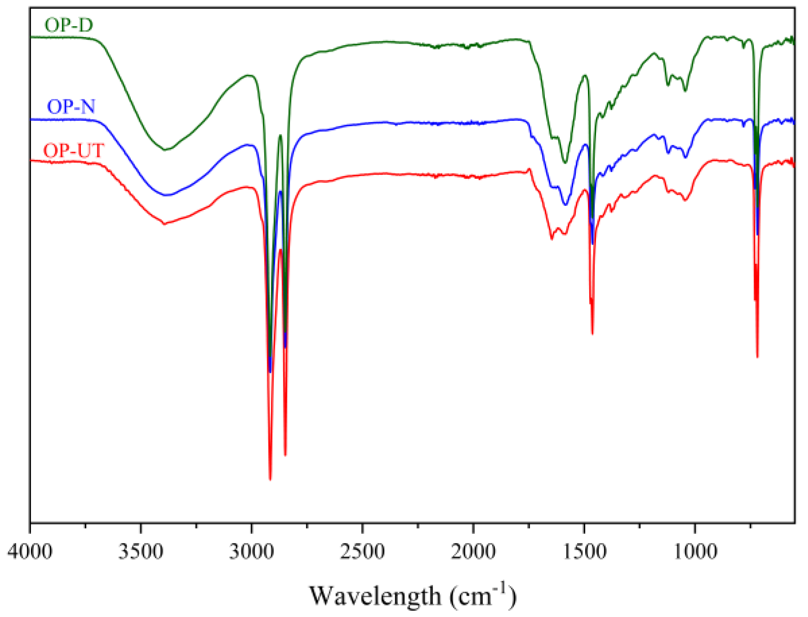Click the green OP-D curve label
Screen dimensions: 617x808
69,25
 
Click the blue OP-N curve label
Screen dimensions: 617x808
71,107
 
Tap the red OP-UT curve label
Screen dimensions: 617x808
74,150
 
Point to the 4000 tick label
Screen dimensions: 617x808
30,551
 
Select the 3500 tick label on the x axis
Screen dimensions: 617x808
141,551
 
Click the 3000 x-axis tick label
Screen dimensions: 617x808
252,551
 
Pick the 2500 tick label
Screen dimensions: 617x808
362,551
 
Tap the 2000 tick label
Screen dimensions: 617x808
473,551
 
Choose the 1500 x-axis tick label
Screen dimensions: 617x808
584,551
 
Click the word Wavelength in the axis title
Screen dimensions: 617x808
375,596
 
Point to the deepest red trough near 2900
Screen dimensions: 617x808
270,479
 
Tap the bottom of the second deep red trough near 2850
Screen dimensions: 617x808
285,455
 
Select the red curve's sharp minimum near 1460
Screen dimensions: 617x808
592,333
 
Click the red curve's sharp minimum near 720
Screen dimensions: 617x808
757,357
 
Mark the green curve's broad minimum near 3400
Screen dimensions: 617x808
166,150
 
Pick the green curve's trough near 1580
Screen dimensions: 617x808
565,162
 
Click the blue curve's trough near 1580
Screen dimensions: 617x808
565,205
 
